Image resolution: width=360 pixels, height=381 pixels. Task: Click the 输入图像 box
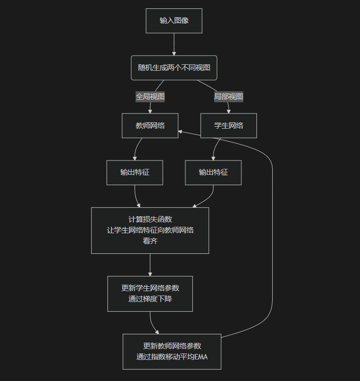[x=174, y=21]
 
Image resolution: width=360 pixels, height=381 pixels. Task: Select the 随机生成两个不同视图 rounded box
[x=174, y=68]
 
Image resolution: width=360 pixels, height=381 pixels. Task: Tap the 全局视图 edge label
[x=150, y=97]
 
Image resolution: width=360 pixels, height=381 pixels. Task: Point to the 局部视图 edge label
[x=229, y=97]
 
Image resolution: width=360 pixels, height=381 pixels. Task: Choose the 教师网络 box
[x=150, y=126]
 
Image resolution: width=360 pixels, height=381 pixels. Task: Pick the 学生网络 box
[x=229, y=126]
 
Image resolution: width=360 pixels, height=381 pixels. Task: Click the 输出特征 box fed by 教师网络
[x=134, y=172]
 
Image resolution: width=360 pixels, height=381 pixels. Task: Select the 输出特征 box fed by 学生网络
[x=213, y=172]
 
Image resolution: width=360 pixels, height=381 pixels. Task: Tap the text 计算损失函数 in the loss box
[x=150, y=219]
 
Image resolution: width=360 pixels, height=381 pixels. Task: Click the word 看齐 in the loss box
[x=150, y=241]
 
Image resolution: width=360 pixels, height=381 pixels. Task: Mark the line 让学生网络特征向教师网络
[x=150, y=230]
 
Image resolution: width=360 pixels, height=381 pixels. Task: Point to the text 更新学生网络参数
[x=150, y=288]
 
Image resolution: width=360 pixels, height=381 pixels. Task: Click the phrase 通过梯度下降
[x=150, y=299]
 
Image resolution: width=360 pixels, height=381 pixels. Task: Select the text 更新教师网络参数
[x=172, y=346]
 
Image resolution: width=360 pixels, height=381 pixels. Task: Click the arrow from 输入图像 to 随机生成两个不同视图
[x=174, y=44]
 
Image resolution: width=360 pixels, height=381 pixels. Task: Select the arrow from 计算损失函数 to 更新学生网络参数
[x=150, y=265]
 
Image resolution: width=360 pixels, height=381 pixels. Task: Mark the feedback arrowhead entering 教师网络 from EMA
[x=181, y=132]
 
